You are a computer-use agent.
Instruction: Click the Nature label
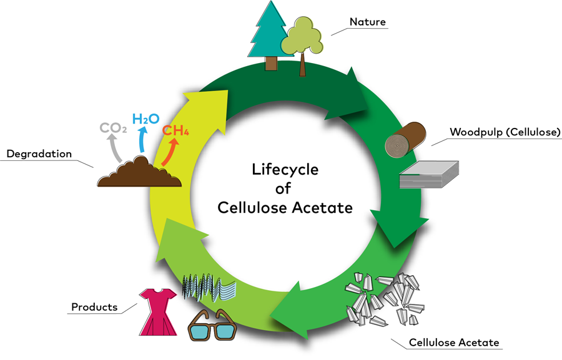[367, 22]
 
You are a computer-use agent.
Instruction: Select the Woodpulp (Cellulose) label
[505, 132]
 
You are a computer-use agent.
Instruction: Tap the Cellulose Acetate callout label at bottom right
[454, 343]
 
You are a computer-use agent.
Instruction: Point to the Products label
[94, 307]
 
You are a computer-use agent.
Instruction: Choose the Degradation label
[39, 153]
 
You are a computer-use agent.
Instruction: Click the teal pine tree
[270, 34]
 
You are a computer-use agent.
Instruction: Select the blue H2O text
[146, 118]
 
